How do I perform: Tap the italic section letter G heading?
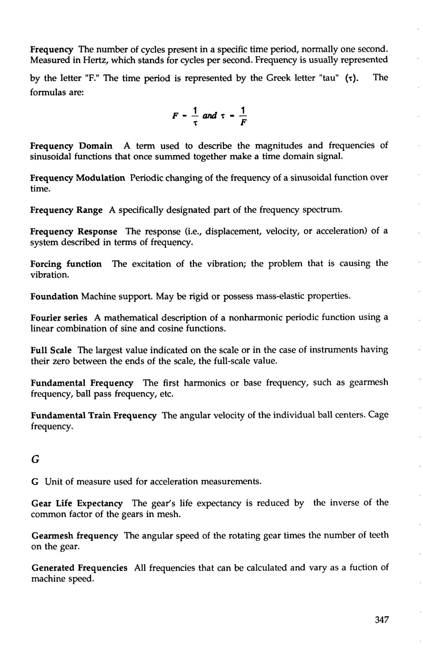coord(35,459)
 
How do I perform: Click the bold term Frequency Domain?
coord(71,146)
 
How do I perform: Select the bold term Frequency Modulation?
coord(78,178)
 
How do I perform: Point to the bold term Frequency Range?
coord(66,210)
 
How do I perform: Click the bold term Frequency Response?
coord(74,232)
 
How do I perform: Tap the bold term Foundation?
coord(54,296)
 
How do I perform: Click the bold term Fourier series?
coord(59,318)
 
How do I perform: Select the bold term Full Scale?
coord(51,350)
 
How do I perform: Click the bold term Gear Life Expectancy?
coord(77,503)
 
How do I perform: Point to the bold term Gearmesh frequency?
coord(75,536)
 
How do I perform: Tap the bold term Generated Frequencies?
coord(79,568)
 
